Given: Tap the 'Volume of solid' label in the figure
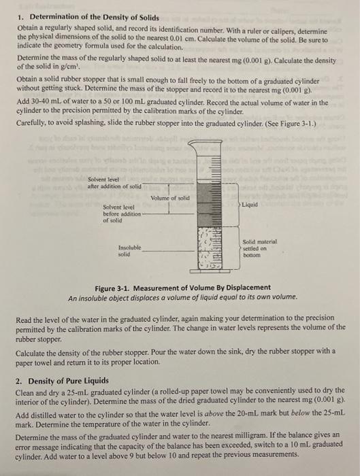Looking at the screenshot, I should (168, 198).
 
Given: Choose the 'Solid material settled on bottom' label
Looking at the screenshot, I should (256, 250).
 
